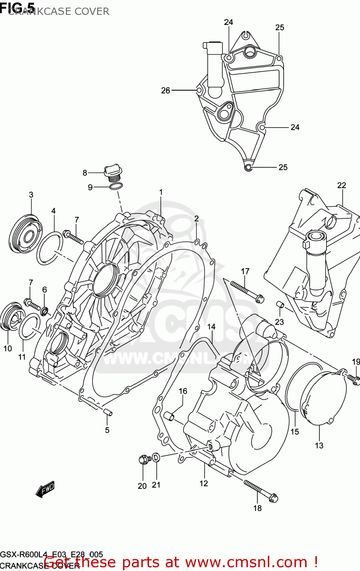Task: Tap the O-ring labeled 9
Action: click(x=116, y=186)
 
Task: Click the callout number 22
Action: click(x=341, y=185)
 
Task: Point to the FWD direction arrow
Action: click(x=45, y=489)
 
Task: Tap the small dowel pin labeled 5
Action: click(x=107, y=412)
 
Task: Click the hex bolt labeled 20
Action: click(x=143, y=459)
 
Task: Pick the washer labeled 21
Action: click(x=156, y=457)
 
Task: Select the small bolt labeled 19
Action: click(x=353, y=378)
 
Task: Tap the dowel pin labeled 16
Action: click(x=169, y=416)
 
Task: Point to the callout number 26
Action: click(x=165, y=91)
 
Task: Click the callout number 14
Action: click(x=211, y=327)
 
